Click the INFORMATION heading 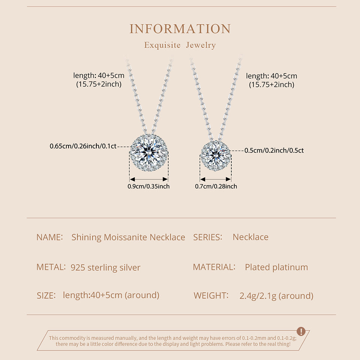click(180, 29)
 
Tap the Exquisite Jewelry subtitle click(180, 45)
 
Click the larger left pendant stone click(149, 153)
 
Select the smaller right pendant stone click(215, 156)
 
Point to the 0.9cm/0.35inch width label click(148, 186)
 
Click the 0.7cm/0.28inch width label click(216, 186)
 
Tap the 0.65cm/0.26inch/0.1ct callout click(83, 146)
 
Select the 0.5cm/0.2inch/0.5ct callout click(274, 150)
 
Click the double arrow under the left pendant click(149, 180)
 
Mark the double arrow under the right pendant click(216, 180)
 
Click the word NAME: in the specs click(49, 237)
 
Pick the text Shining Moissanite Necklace click(128, 237)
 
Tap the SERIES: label click(208, 237)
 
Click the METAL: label click(51, 267)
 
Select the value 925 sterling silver click(105, 268)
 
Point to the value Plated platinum click(276, 267)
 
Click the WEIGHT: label click(211, 295)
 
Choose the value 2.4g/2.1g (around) click(276, 296)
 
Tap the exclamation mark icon click(301, 331)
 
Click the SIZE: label click(46, 295)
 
